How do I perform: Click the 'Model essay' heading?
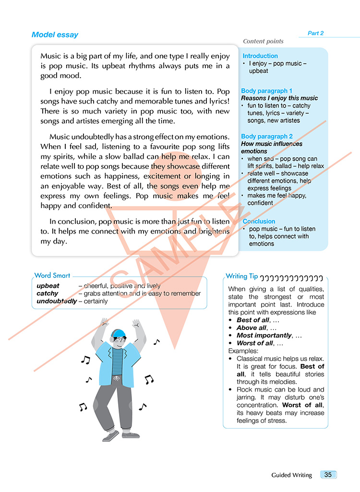(55, 35)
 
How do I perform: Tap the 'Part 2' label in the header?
(315, 33)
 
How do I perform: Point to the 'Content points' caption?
(263, 42)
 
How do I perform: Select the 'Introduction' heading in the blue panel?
(260, 56)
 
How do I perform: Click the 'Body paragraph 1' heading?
(267, 91)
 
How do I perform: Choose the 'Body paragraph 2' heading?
(267, 137)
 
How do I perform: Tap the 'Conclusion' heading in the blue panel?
(259, 222)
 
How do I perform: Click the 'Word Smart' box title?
(52, 276)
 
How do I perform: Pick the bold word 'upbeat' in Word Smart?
(48, 286)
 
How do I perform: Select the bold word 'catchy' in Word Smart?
(48, 293)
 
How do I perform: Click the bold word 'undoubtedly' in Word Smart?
(57, 301)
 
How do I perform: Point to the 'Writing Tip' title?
(242, 276)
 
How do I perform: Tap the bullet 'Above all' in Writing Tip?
(252, 328)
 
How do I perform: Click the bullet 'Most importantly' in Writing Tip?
(264, 336)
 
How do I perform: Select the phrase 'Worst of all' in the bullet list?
(255, 343)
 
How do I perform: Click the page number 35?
(328, 475)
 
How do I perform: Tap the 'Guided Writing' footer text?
(291, 475)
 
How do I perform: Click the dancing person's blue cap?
(118, 332)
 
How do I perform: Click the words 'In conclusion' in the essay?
(72, 222)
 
